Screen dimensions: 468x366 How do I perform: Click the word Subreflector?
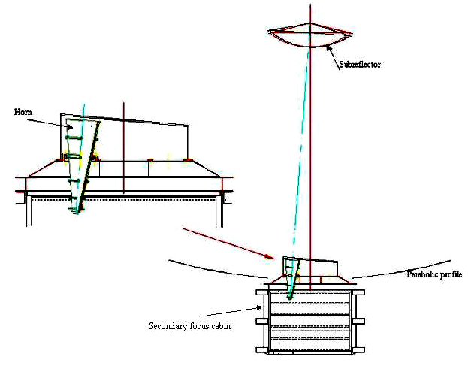click(360, 64)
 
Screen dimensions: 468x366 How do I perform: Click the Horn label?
click(23, 112)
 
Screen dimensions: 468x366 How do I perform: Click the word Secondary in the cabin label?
click(164, 325)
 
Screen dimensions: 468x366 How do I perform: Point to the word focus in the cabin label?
click(190, 325)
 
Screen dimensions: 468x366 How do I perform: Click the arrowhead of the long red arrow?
click(270, 257)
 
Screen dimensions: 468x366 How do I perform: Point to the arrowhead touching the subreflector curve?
click(329, 48)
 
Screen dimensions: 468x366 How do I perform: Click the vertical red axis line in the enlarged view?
click(123, 148)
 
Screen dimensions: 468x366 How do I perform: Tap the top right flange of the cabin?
click(358, 292)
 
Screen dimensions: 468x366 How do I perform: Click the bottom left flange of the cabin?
click(262, 350)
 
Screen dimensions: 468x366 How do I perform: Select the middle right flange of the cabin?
click(358, 321)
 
